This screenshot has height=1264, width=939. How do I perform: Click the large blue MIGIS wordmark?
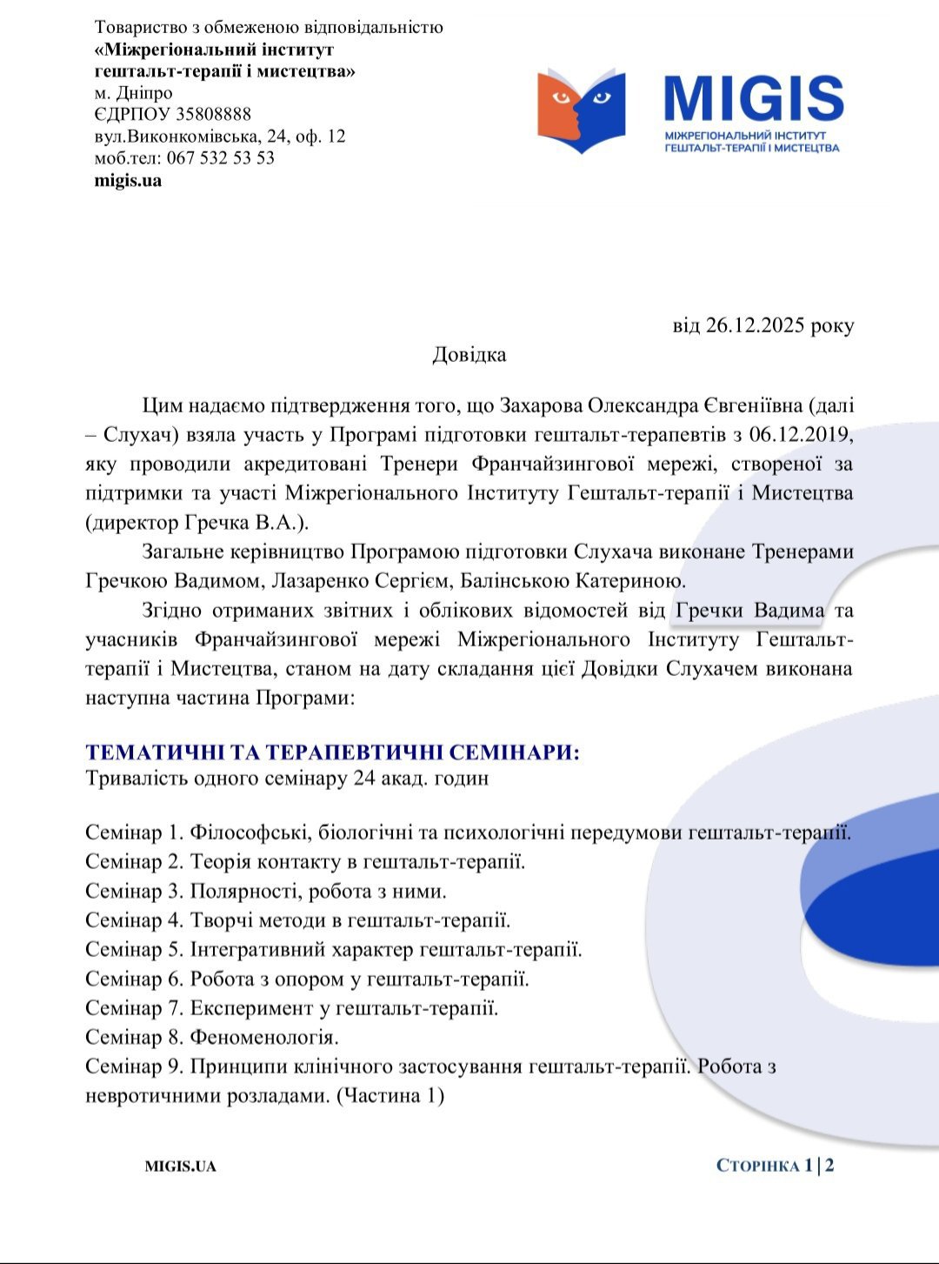click(x=754, y=98)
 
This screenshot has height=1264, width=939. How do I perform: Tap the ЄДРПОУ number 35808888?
click(x=213, y=114)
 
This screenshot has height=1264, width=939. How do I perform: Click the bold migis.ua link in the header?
click(x=128, y=181)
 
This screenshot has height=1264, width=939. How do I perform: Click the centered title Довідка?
click(x=469, y=355)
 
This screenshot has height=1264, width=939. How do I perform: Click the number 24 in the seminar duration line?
click(x=364, y=778)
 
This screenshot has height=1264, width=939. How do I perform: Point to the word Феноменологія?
click(x=263, y=1038)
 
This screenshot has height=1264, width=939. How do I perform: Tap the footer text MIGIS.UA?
click(x=180, y=1167)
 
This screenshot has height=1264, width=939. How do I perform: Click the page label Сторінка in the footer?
click(x=757, y=1166)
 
